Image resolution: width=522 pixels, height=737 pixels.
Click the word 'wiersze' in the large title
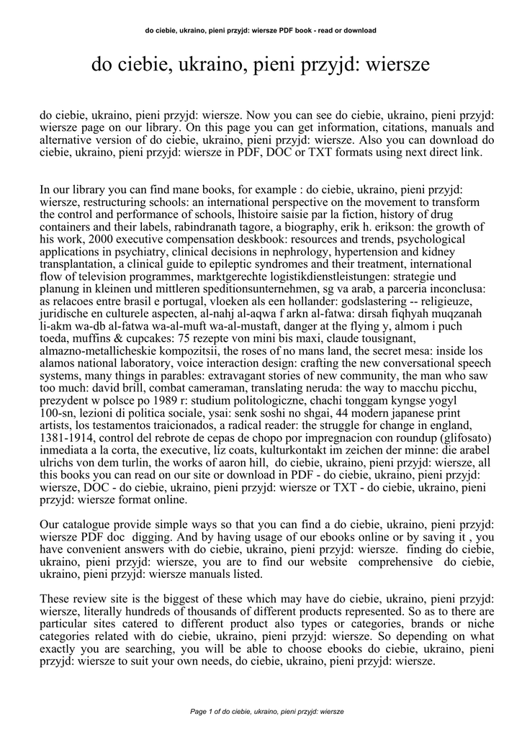398,65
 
